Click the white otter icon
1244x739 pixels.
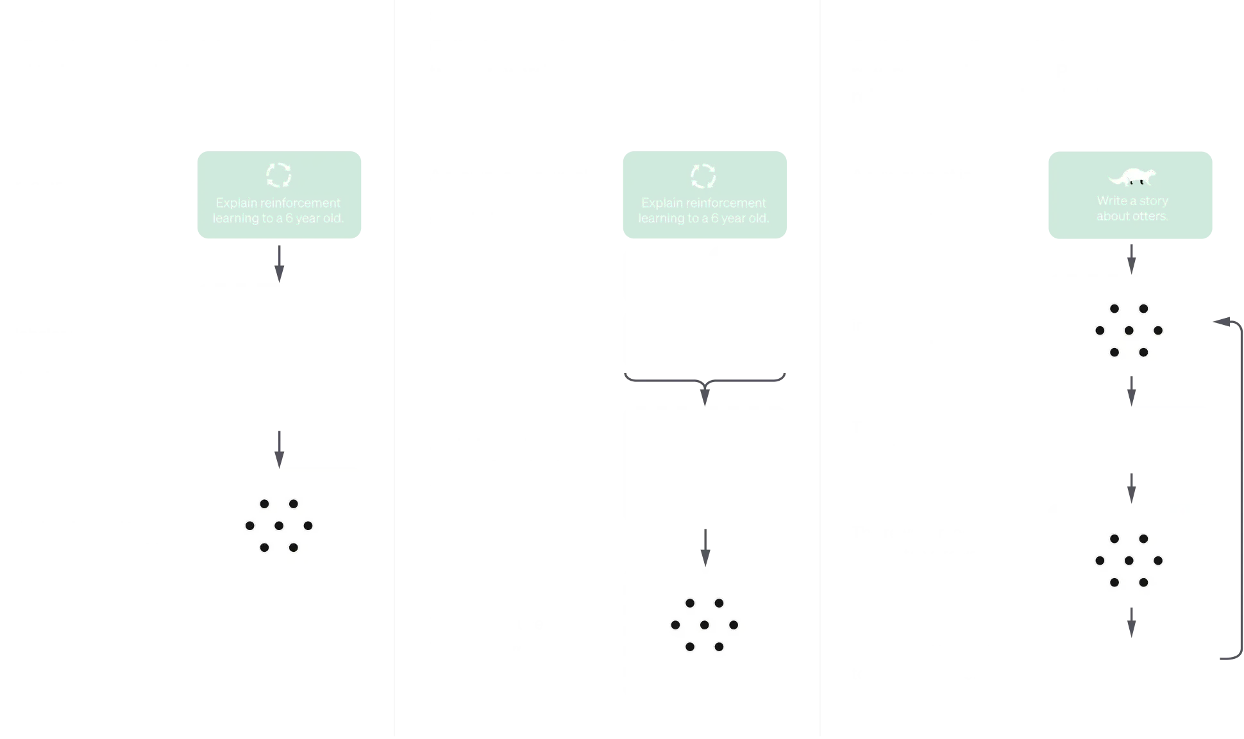click(x=1131, y=176)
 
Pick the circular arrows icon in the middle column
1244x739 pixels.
click(x=703, y=176)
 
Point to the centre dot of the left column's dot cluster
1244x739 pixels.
click(x=279, y=526)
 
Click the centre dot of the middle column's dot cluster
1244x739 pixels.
click(x=704, y=625)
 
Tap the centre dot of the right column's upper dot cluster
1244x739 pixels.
click(x=1129, y=331)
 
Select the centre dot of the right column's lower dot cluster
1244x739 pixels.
click(x=1129, y=561)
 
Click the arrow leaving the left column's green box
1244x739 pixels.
click(x=279, y=263)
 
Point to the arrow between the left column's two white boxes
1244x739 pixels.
click(x=279, y=449)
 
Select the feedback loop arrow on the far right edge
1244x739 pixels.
click(x=1236, y=487)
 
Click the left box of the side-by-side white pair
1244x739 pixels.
click(x=661, y=308)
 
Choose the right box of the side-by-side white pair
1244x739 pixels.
click(x=748, y=308)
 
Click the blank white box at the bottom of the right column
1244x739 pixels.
click(x=1131, y=674)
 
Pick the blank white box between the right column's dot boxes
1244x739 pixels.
click(x=1131, y=438)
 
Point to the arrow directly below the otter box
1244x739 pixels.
click(x=1131, y=258)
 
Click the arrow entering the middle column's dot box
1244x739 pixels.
click(x=705, y=548)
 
